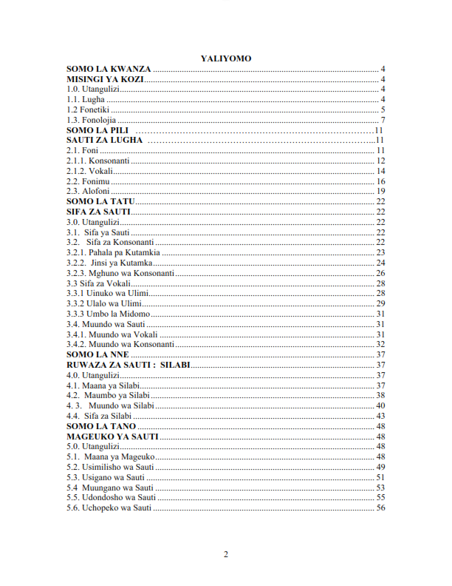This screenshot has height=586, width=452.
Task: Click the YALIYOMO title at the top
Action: [226, 58]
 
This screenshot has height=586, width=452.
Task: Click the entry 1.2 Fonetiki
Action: [89, 110]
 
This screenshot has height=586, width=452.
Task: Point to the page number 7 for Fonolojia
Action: [383, 120]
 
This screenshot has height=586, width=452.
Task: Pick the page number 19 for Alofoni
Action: [381, 191]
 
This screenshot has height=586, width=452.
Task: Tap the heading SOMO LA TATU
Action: [100, 201]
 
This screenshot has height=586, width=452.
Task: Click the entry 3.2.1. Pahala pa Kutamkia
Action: [108, 252]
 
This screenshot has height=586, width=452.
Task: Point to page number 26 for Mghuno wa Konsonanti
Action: [381, 273]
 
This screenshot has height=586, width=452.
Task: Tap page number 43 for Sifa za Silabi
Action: [381, 416]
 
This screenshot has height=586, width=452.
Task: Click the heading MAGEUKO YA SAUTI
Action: [113, 437]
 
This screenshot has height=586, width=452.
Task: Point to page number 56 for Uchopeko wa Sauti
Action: [381, 508]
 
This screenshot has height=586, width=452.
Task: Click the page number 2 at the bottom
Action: [226, 554]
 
